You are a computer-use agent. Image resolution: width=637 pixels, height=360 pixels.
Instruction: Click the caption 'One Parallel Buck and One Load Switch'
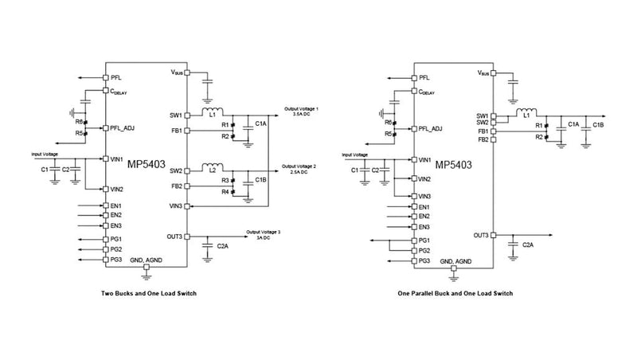point(455,293)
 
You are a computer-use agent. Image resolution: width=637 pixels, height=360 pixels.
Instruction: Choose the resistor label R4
point(225,193)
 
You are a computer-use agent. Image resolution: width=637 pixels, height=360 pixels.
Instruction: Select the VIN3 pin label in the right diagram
point(425,196)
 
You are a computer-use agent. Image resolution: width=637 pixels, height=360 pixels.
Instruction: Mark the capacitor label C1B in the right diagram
point(598,125)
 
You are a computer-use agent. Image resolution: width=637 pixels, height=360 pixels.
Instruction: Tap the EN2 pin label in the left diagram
point(116,216)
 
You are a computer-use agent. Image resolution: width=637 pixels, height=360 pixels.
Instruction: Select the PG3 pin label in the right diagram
point(425,260)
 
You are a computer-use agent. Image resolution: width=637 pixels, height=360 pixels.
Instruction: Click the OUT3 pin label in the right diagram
point(481,235)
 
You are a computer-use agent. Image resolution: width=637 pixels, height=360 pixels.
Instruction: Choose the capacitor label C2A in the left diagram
point(224,247)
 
